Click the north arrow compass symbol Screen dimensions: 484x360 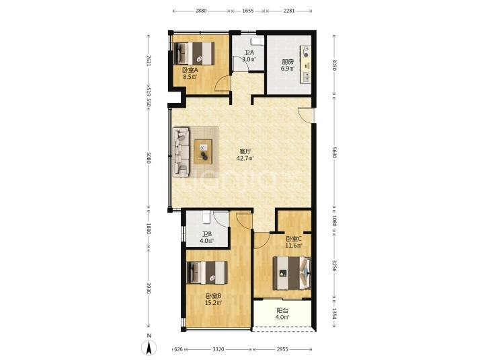click(149, 347)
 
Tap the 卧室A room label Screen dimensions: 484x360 click(190, 70)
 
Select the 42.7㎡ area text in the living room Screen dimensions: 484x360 click(245, 159)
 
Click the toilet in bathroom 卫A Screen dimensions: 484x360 click(257, 42)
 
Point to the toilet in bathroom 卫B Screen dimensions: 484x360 click(206, 217)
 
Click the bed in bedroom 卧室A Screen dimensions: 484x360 click(194, 53)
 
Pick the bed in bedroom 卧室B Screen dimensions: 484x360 click(208, 273)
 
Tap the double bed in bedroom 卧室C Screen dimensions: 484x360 click(292, 273)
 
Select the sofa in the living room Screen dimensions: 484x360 click(182, 151)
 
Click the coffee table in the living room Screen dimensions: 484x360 click(203, 151)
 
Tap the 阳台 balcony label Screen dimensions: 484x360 click(282, 311)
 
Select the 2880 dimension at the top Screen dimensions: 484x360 click(201, 11)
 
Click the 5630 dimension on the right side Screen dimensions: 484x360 click(333, 152)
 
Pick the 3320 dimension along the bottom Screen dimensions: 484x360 click(218, 349)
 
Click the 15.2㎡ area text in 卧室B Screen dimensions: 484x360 click(214, 303)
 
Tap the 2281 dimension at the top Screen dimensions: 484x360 click(289, 11)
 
